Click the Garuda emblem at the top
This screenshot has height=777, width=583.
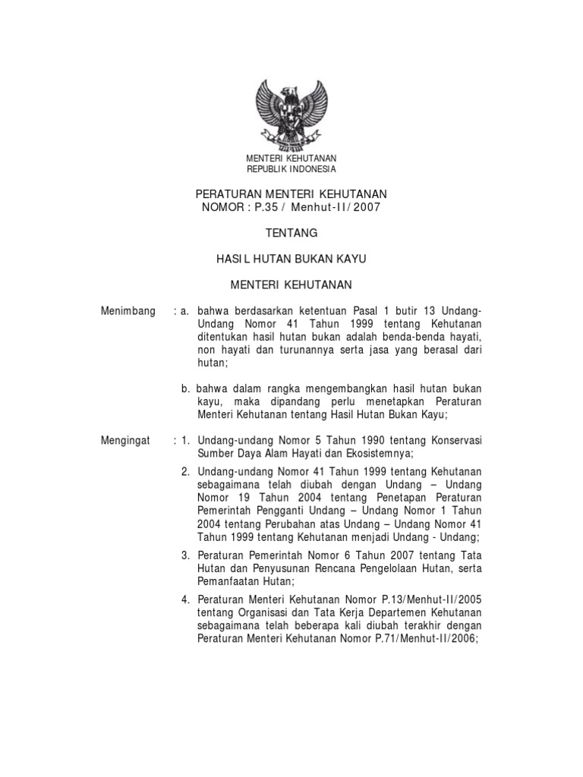point(291,115)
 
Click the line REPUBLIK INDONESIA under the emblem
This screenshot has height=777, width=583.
point(291,168)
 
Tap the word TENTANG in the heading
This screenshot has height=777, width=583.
point(291,233)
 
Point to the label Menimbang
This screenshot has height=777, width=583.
point(128,311)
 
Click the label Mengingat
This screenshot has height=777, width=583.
point(126,440)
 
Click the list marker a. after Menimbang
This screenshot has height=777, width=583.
point(185,311)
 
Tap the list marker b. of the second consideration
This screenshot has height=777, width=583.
point(186,388)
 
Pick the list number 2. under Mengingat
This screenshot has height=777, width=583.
point(186,472)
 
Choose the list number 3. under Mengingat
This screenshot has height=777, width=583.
point(186,555)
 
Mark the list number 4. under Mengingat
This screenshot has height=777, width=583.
point(186,600)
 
